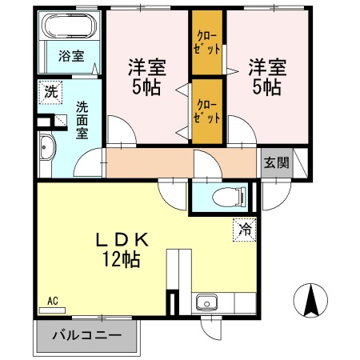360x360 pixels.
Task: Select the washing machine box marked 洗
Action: pos(50,91)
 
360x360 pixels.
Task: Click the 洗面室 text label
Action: pos(83,120)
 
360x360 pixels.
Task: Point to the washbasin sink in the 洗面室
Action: pos(46,149)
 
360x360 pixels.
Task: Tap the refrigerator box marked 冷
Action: pos(244,229)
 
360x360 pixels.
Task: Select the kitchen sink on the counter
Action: pos(207,303)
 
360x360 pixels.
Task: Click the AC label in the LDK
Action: pos(53,301)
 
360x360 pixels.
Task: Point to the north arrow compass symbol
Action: pos(310,299)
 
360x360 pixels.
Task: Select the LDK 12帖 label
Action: pos(120,248)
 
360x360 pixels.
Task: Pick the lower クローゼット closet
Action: pos(207,110)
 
